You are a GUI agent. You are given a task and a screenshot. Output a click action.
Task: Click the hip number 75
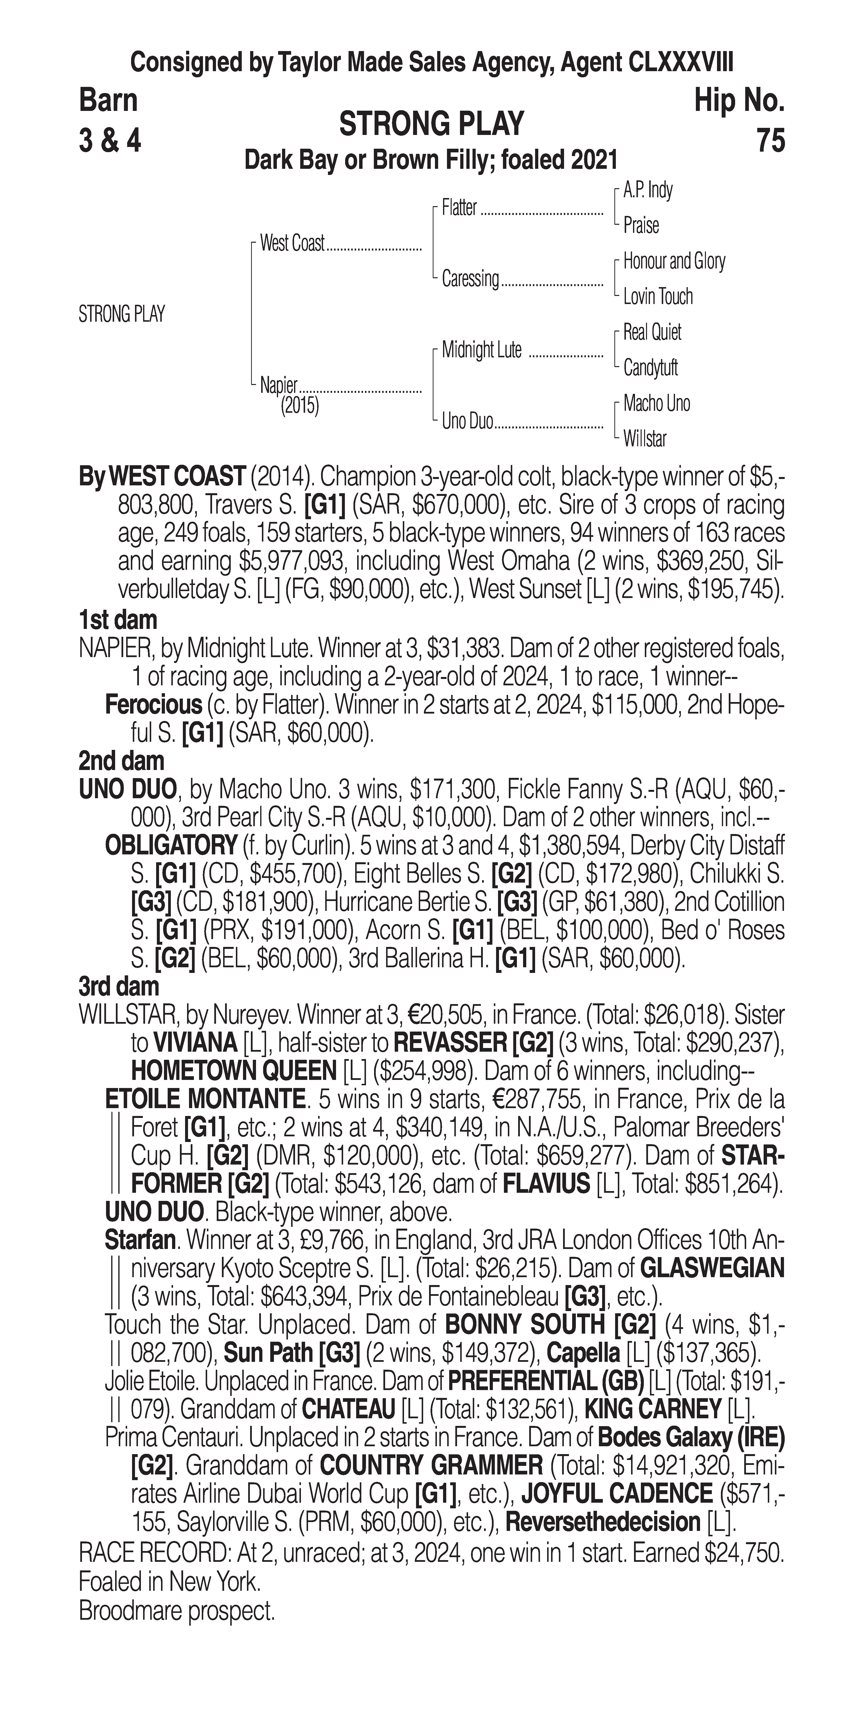click(770, 141)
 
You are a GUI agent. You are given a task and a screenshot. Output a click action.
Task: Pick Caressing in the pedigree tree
click(470, 279)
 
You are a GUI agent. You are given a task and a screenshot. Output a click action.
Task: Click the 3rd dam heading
click(119, 986)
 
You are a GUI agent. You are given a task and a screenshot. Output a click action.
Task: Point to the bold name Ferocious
click(153, 704)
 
